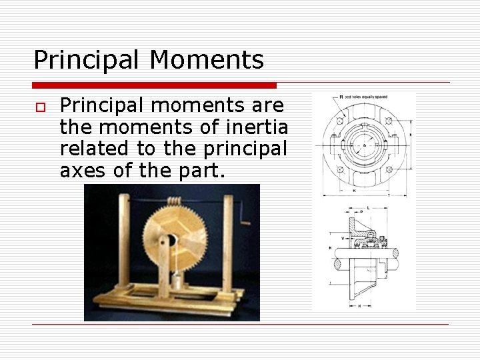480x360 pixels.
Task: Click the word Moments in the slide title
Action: [207, 60]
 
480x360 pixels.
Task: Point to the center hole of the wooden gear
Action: [169, 241]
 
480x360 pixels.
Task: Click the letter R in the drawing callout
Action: [341, 97]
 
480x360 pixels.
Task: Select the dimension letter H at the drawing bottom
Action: [359, 306]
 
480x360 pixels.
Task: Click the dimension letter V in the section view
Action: [343, 237]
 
